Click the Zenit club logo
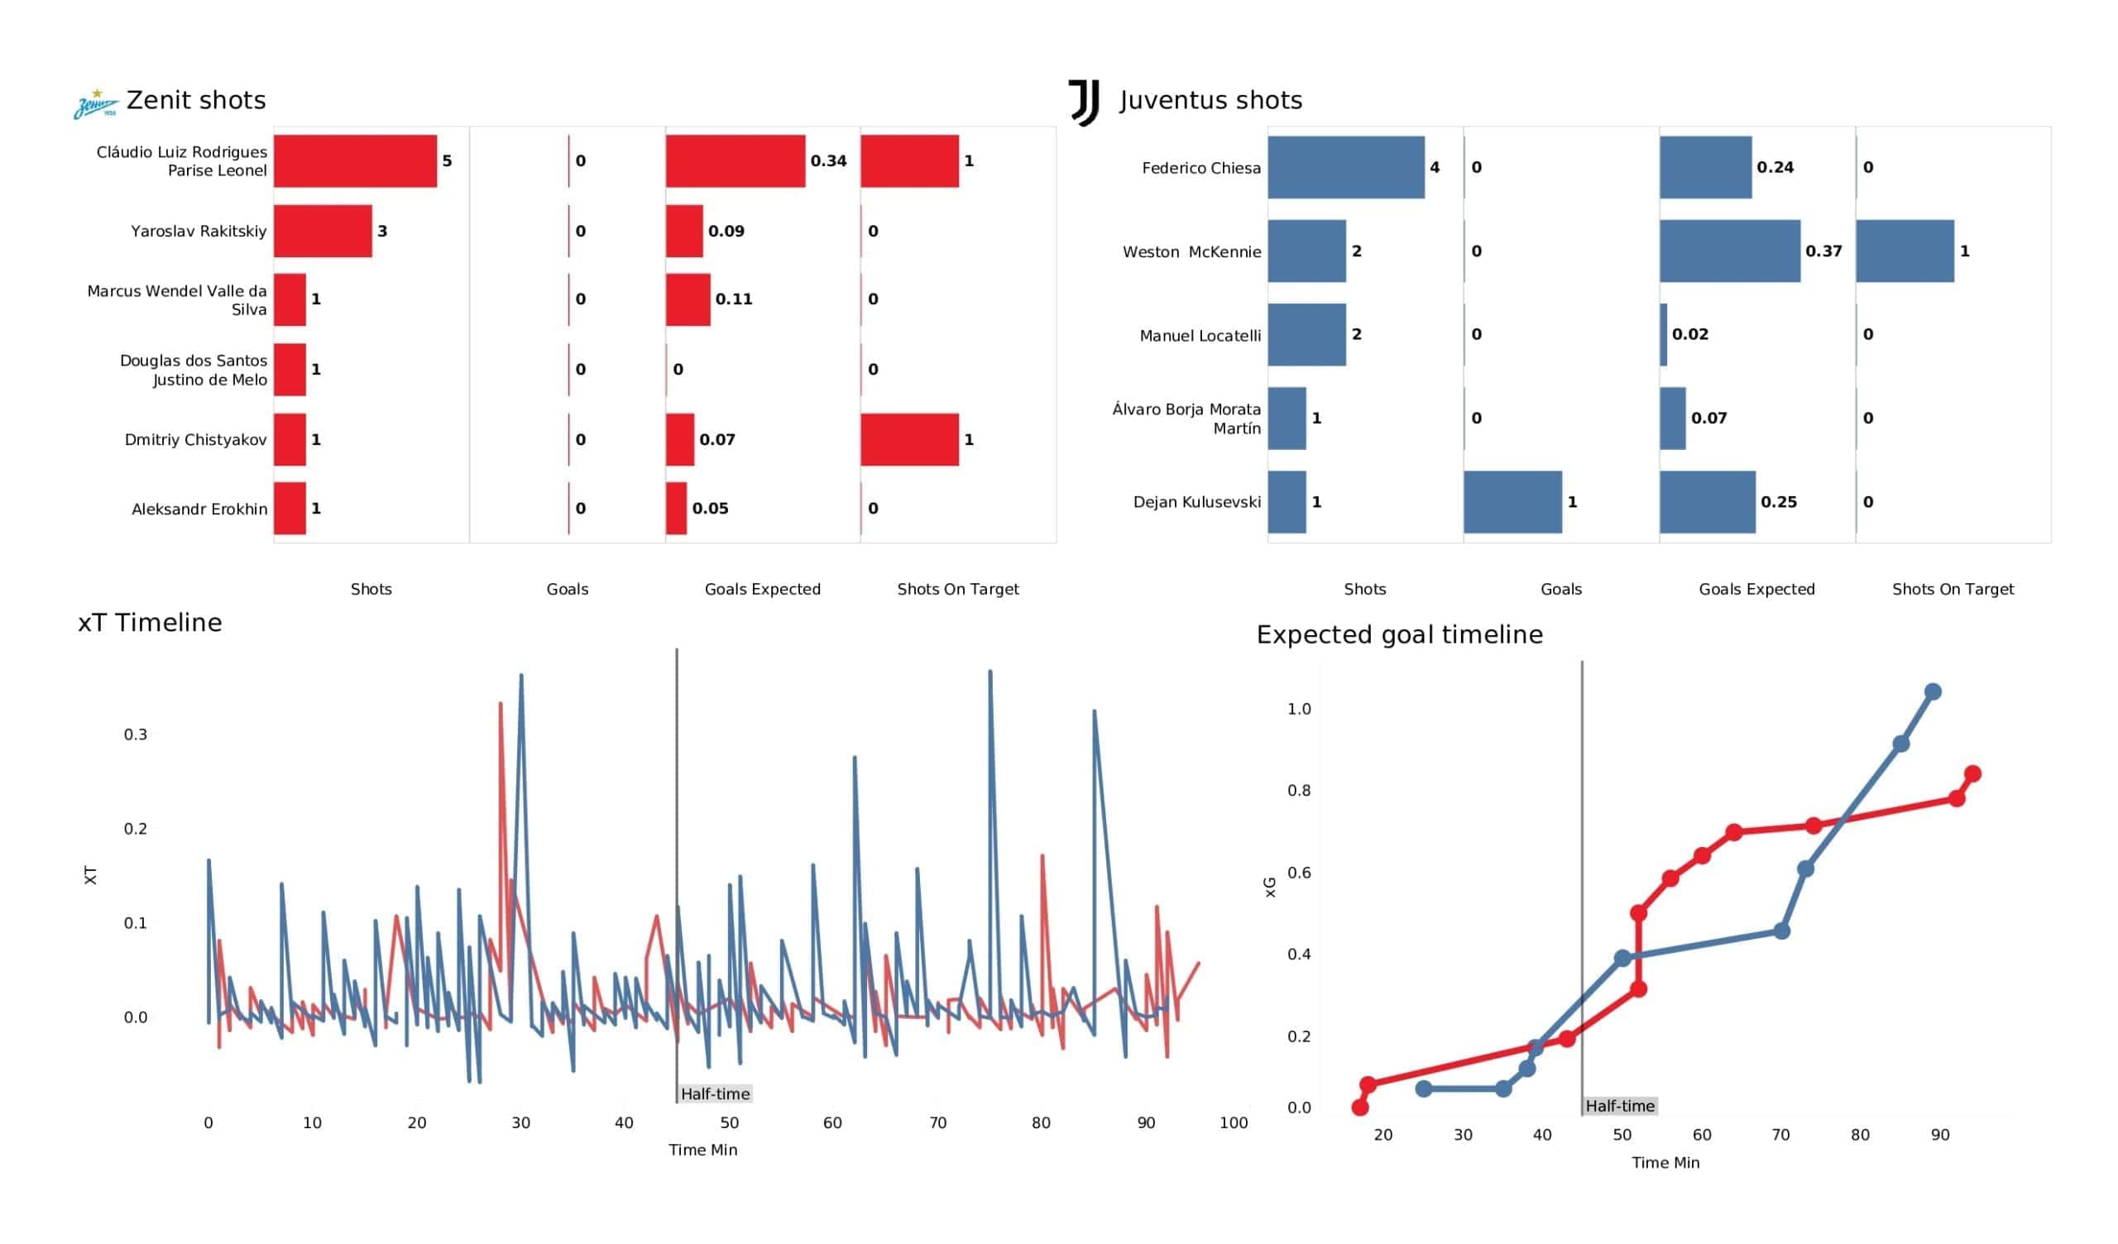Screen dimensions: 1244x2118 (x=96, y=104)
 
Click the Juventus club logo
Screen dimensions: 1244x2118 (x=1083, y=103)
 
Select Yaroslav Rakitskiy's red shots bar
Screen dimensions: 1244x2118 (x=323, y=231)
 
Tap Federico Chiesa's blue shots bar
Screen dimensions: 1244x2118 (x=1345, y=167)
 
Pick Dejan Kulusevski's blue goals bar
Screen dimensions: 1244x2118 (x=1512, y=502)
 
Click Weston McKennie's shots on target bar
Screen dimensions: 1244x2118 (x=1904, y=251)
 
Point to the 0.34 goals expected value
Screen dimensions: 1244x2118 (x=828, y=160)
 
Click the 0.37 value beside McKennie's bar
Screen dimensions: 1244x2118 (x=1823, y=251)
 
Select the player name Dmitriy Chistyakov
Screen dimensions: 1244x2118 (x=195, y=439)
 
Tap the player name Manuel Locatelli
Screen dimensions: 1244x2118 (x=1200, y=335)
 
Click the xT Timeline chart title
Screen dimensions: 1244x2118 (x=150, y=623)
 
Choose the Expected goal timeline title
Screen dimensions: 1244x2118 (x=1398, y=634)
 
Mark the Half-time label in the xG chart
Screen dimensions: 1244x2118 (x=1620, y=1106)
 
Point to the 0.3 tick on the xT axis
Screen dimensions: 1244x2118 (x=136, y=734)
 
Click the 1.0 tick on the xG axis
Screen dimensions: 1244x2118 (x=1299, y=709)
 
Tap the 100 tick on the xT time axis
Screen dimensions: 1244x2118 (x=1233, y=1123)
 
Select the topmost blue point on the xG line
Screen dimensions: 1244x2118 (x=1932, y=691)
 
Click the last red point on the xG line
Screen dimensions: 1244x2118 (x=1972, y=773)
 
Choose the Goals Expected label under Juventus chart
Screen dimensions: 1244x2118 (x=1756, y=589)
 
